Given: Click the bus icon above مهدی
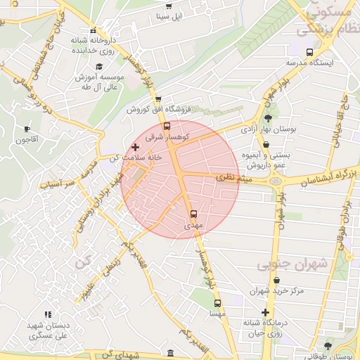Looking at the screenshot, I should [x=193, y=214].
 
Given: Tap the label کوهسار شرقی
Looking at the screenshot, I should [x=165, y=139].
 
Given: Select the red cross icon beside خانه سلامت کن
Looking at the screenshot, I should [x=135, y=148].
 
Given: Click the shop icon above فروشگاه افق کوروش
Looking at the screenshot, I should [x=158, y=99].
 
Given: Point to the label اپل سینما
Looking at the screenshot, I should [x=167, y=15].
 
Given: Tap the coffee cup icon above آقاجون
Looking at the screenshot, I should [x=27, y=129].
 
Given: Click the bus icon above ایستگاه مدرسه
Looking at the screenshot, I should [x=309, y=51].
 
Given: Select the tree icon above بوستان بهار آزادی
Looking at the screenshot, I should [x=269, y=117].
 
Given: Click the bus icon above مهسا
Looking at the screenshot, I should [x=217, y=304].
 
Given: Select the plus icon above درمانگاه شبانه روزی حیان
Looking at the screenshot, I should [x=265, y=312].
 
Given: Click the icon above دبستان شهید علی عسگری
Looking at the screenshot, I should [x=48, y=314].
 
